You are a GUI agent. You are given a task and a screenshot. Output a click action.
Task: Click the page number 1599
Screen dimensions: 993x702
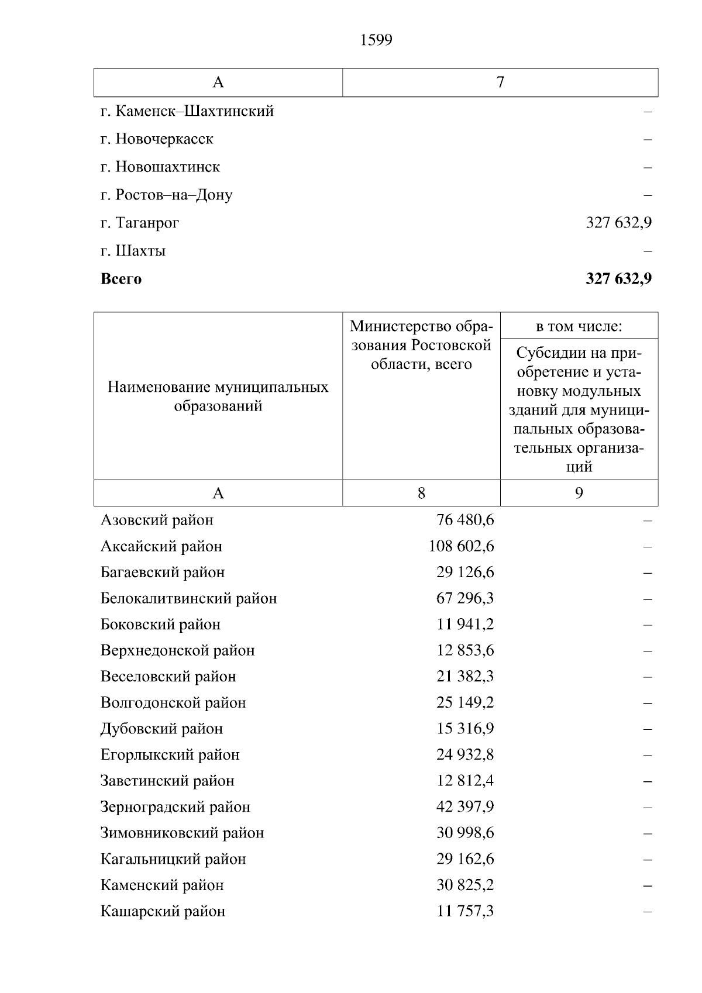click(x=376, y=40)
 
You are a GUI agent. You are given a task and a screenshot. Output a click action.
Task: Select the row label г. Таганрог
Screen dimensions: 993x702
click(x=140, y=223)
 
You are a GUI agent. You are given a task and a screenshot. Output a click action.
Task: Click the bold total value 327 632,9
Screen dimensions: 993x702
click(x=618, y=279)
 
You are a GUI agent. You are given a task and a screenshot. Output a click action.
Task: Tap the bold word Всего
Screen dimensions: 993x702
click(x=121, y=279)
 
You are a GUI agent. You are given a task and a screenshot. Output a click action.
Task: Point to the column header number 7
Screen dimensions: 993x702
click(x=500, y=82)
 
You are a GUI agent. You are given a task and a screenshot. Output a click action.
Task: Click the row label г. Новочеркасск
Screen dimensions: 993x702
click(x=157, y=139)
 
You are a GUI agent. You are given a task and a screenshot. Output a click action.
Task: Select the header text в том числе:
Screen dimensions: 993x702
click(x=579, y=326)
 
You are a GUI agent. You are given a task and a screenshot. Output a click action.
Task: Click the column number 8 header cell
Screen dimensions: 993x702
click(x=421, y=493)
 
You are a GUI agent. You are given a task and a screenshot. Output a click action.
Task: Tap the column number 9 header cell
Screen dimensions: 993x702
click(x=579, y=493)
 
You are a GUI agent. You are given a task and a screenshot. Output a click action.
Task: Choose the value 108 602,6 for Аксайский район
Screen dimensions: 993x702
click(x=461, y=546)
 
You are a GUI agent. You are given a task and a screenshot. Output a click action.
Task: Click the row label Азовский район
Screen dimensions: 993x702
click(x=157, y=520)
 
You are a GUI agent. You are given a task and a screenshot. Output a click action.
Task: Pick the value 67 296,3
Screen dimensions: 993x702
click(x=464, y=598)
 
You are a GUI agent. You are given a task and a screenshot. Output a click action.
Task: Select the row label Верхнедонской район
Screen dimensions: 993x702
click(x=177, y=650)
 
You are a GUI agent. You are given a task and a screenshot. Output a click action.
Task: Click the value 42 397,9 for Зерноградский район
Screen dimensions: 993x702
click(x=464, y=807)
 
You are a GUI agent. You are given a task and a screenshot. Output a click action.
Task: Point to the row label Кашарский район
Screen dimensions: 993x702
click(x=163, y=911)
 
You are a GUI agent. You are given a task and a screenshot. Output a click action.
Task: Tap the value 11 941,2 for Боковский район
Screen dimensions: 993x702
click(x=464, y=625)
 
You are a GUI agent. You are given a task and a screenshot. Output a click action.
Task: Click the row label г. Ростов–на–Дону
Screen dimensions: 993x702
click(x=166, y=195)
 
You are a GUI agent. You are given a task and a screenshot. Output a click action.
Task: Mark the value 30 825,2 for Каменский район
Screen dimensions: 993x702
click(x=464, y=885)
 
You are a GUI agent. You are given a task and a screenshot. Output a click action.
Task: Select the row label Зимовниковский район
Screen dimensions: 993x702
click(x=182, y=833)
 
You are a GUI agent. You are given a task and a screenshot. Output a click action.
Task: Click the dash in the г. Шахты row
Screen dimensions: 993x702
click(x=648, y=251)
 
